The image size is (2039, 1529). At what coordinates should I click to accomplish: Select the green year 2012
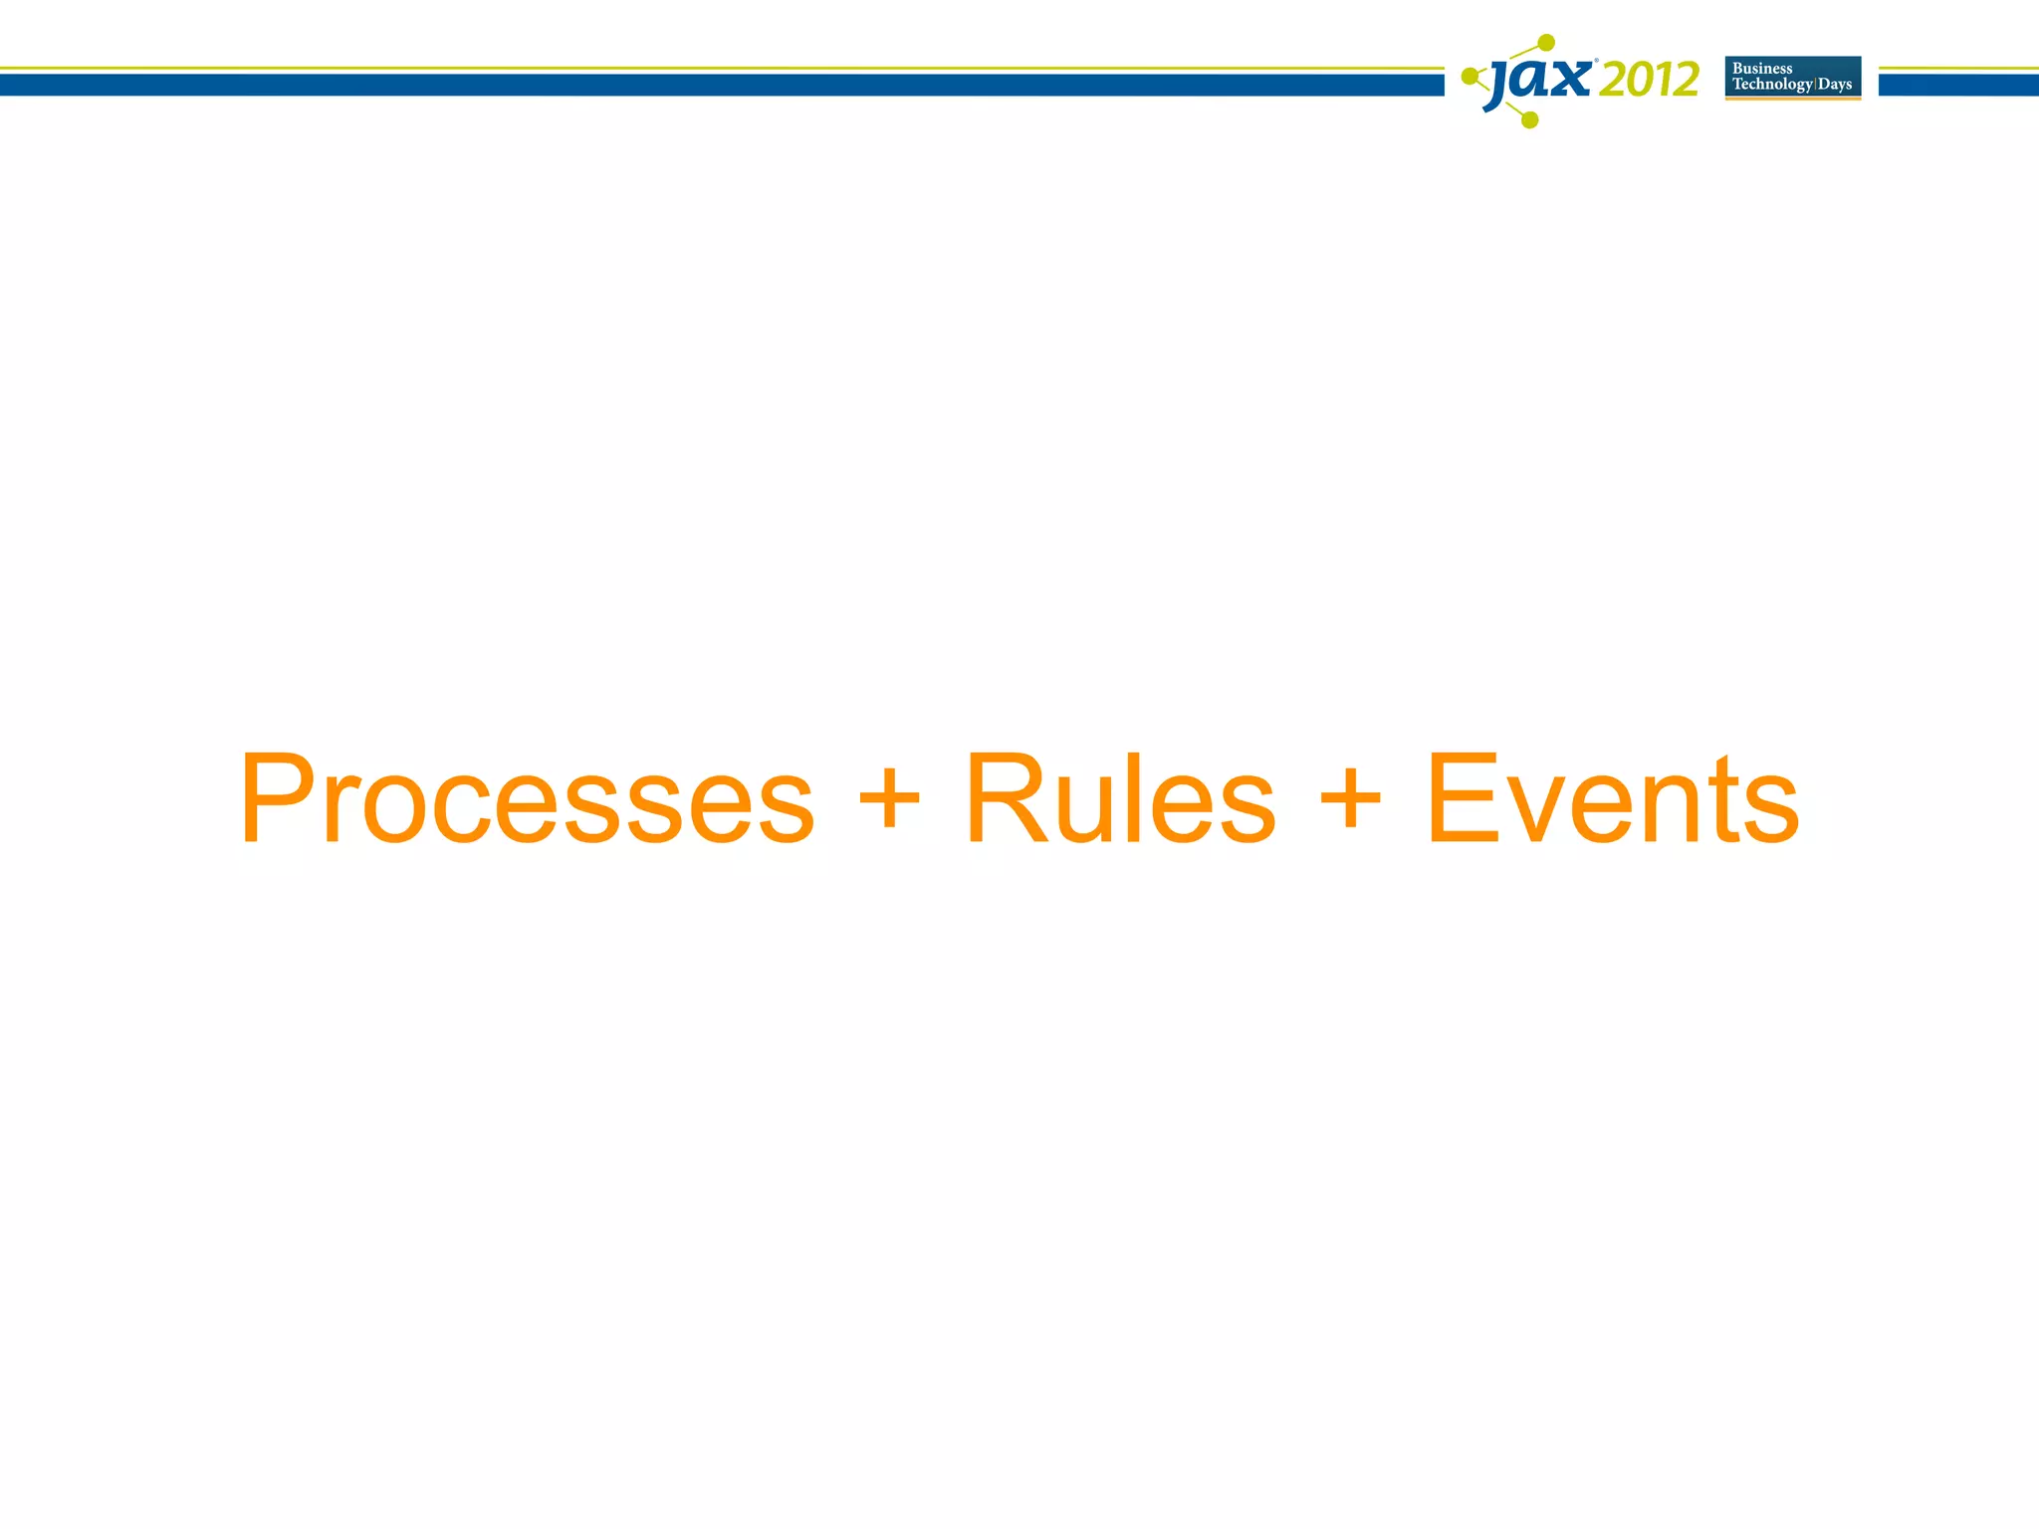[x=1650, y=80]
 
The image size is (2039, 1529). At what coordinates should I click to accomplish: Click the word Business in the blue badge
[x=1762, y=69]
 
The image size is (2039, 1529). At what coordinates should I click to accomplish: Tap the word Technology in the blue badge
[x=1772, y=85]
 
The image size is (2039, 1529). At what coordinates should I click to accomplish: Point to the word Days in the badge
[x=1835, y=85]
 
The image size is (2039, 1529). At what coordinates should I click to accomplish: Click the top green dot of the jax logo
[x=1546, y=43]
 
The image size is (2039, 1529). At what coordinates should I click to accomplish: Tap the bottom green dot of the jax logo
[x=1531, y=120]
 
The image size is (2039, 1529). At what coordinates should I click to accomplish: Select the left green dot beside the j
[x=1469, y=76]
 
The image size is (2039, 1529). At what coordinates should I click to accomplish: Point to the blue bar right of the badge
[x=1958, y=85]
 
